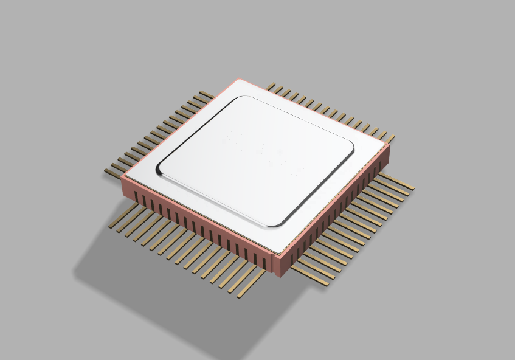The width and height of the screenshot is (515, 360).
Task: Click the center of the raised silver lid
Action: click(x=256, y=159)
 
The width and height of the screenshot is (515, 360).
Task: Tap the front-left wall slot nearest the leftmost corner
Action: click(x=135, y=198)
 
